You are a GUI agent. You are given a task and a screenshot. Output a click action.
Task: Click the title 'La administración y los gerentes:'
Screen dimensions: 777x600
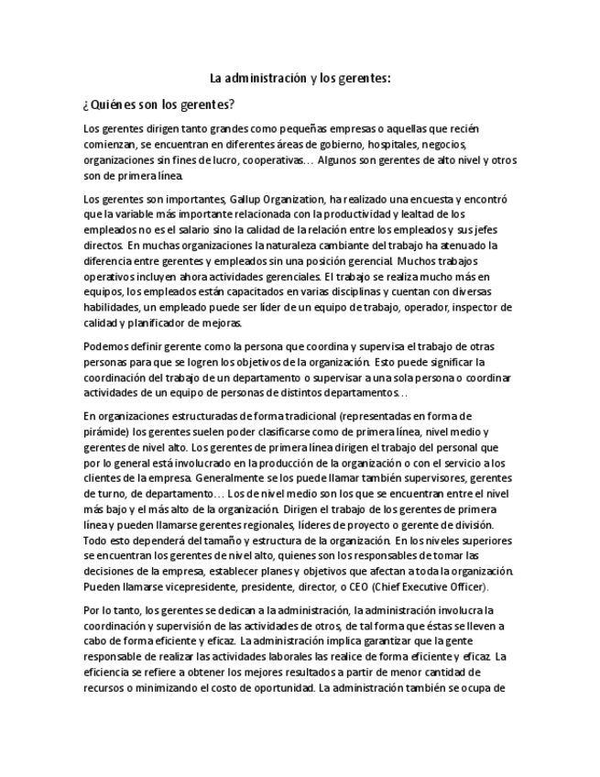coord(300,79)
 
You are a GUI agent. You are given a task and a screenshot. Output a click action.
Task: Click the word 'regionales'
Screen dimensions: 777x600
coord(285,524)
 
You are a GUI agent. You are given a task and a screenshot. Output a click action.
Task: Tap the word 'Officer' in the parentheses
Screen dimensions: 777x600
coord(466,586)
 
